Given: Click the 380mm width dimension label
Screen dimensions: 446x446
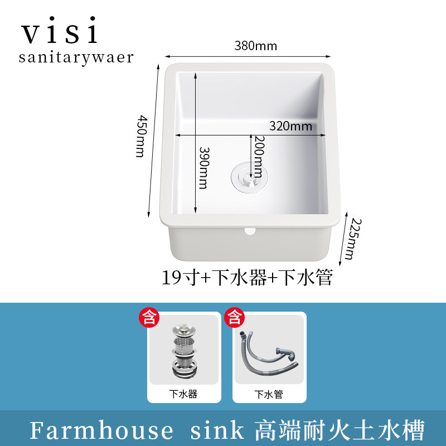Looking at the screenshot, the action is point(256,46).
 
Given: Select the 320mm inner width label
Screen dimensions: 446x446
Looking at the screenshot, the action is point(290,126).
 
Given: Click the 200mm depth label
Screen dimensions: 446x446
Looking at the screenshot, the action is point(258,156).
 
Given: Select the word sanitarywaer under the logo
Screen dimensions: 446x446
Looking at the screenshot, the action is point(76,57).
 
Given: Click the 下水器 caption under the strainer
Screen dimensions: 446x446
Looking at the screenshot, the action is point(183,394).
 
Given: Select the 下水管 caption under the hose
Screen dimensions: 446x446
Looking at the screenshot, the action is point(269,394).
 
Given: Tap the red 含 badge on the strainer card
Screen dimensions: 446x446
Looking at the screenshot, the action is point(149,318).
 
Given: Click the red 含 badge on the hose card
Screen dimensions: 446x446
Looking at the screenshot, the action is point(235,318).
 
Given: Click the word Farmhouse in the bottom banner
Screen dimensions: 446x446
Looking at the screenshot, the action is point(101,430).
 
